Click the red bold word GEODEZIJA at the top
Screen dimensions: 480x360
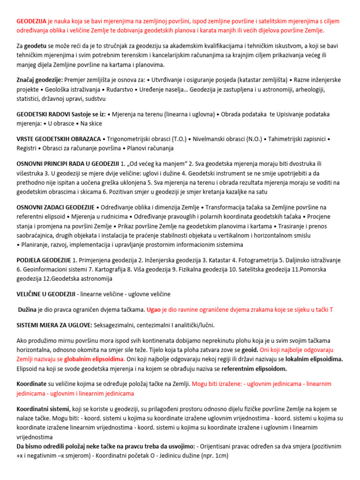31,22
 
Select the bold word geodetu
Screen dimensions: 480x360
36,46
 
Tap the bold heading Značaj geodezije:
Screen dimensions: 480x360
39,80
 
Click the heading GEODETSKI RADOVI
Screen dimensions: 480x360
44,114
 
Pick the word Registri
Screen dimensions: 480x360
26,148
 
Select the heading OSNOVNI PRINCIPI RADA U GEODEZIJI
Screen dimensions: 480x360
67,164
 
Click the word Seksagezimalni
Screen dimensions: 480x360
117,325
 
